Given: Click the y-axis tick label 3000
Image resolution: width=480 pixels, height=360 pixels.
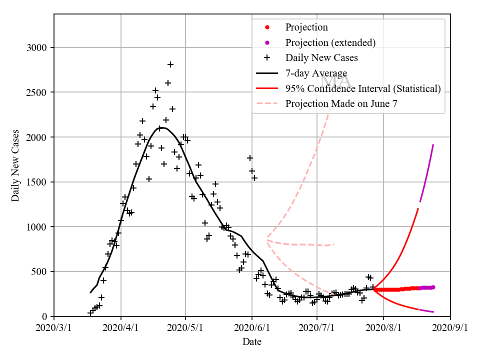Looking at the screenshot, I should (x=36, y=48).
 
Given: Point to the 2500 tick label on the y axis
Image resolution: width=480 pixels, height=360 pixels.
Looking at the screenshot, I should (x=36, y=92).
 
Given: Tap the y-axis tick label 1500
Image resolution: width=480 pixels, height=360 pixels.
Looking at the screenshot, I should (x=36, y=182).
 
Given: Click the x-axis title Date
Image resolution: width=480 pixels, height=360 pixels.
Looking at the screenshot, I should (x=252, y=342).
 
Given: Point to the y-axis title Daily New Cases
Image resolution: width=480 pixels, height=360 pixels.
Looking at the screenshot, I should (x=15, y=165).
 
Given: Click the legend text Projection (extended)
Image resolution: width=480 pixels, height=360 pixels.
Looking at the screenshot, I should (x=330, y=42).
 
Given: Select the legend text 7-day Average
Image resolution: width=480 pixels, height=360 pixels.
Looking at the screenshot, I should (x=316, y=73).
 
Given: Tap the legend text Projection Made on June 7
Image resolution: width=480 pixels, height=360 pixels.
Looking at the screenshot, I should (x=340, y=104).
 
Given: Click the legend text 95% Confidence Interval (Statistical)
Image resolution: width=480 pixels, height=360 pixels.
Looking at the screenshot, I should (x=363, y=89).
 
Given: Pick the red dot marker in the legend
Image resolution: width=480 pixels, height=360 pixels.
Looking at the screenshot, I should (x=267, y=27).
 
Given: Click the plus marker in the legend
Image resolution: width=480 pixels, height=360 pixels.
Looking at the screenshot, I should (x=267, y=58).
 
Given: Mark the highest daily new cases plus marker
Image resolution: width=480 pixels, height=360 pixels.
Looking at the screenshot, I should (x=170, y=64).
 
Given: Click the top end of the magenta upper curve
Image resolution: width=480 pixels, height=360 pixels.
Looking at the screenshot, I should (x=433, y=145).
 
